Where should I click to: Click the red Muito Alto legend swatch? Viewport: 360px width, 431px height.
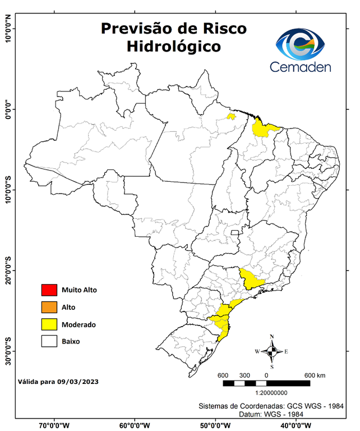tap(49, 290)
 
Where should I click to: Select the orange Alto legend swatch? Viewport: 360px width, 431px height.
tap(49, 307)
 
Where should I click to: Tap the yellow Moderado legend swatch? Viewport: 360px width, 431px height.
tap(49, 324)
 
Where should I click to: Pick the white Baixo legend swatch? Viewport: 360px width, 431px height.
tap(49, 341)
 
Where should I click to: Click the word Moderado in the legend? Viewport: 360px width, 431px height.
tap(79, 324)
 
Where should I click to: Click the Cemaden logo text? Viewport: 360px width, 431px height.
tap(301, 67)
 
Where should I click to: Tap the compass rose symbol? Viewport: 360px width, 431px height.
tap(272, 352)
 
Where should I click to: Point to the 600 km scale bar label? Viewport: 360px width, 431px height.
tap(314, 375)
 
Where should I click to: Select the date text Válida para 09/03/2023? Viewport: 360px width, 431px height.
tap(58, 382)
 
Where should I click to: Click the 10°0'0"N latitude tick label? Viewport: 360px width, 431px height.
tap(8, 28)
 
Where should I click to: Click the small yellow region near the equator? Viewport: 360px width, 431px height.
tap(230, 116)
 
